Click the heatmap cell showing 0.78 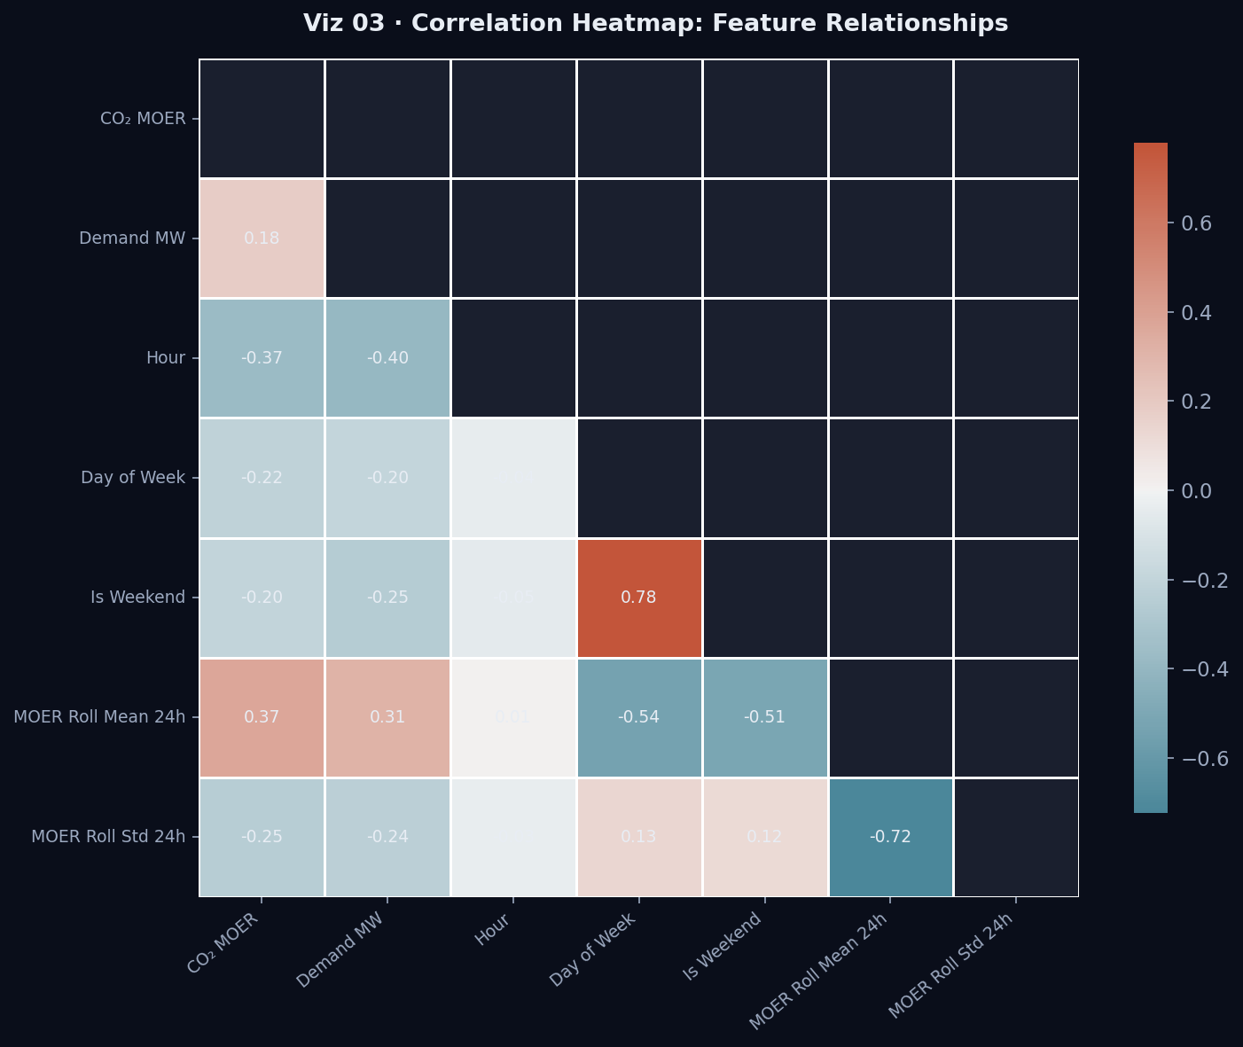639,598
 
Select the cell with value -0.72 890,837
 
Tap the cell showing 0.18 262,238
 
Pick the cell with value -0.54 639,717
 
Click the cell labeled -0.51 764,717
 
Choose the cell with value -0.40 387,358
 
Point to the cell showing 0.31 387,717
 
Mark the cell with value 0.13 639,837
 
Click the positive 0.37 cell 262,717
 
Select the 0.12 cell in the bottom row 764,837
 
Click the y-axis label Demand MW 132,238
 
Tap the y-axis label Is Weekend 137,598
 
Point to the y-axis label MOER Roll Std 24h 108,837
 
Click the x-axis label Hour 494,932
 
